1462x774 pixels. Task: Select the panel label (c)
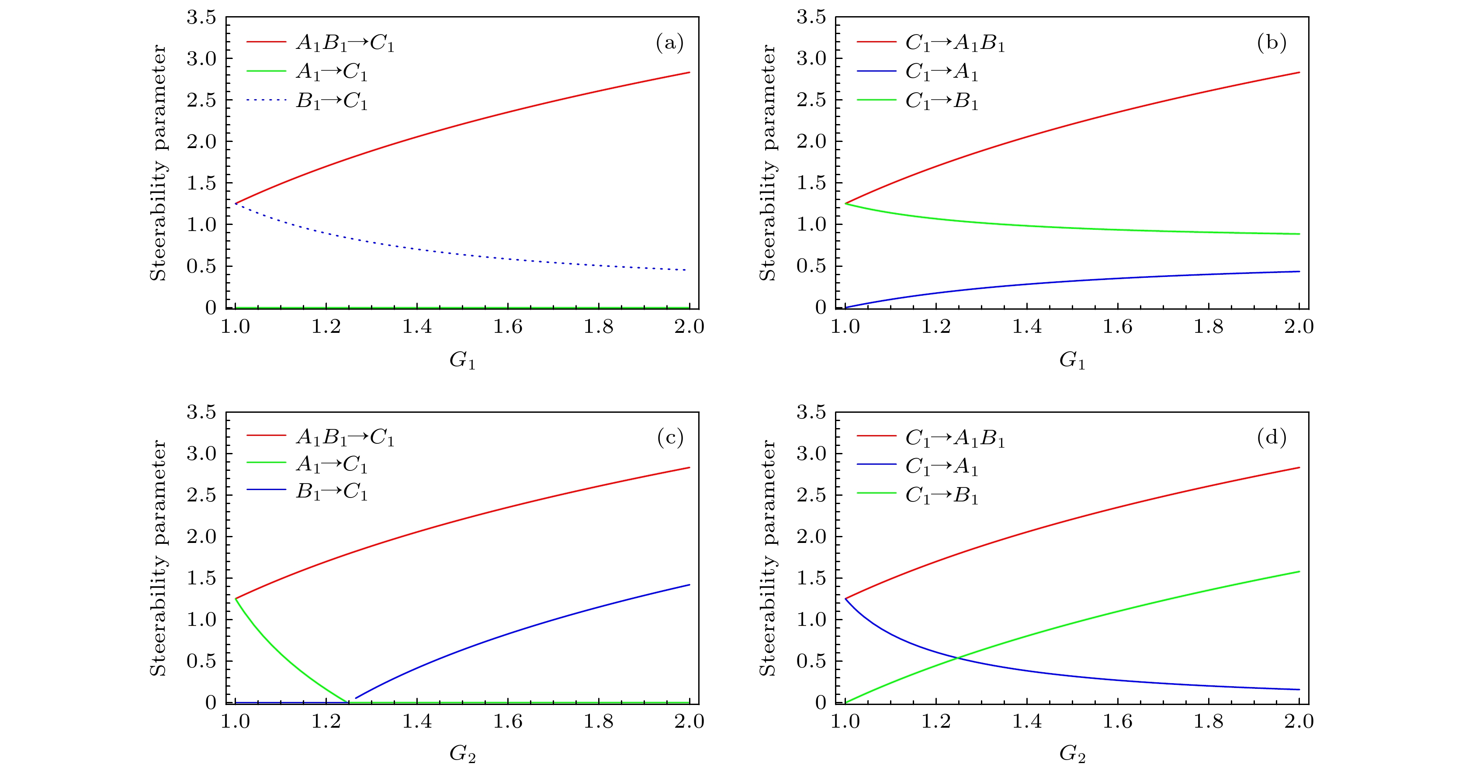[x=670, y=438]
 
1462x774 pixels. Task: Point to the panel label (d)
[x=1271, y=438]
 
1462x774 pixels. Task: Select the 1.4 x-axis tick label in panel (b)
[x=1027, y=327]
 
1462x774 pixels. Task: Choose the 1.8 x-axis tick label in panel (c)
[x=598, y=722]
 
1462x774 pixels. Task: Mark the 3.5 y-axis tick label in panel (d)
[x=811, y=412]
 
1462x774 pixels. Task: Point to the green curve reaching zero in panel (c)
[x=347, y=702]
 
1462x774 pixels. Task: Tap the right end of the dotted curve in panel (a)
[x=687, y=270]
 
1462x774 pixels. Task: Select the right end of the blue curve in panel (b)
[x=1299, y=272]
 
